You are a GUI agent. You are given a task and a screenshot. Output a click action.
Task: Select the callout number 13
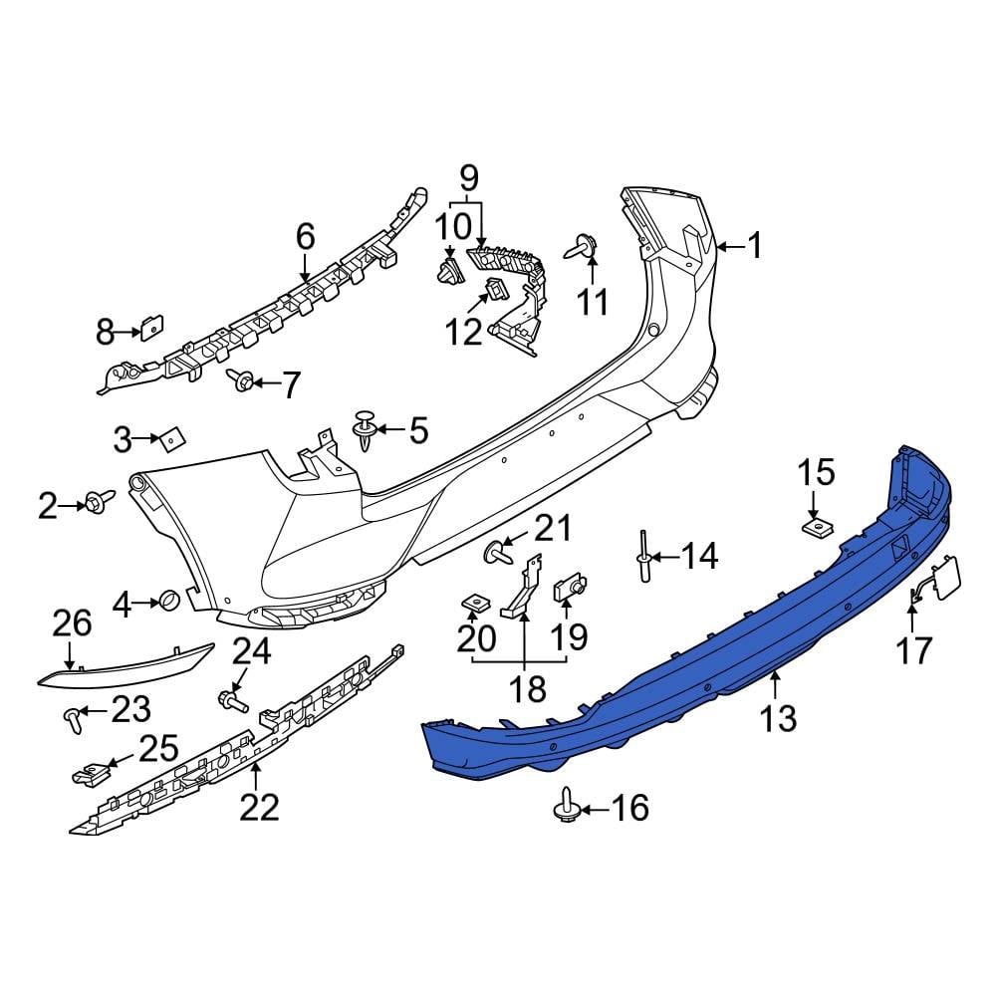click(x=778, y=716)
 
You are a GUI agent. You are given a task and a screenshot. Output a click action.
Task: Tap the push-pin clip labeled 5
click(x=367, y=432)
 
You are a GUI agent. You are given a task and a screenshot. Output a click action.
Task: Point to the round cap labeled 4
click(x=169, y=602)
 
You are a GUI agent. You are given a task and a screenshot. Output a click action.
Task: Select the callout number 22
click(x=259, y=806)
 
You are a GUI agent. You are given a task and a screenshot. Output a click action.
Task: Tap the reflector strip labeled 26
click(x=124, y=666)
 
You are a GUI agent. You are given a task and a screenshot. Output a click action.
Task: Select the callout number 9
click(x=468, y=179)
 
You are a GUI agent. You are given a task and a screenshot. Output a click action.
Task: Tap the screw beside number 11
click(x=584, y=246)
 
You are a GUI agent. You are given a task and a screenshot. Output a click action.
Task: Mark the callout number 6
click(x=305, y=237)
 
